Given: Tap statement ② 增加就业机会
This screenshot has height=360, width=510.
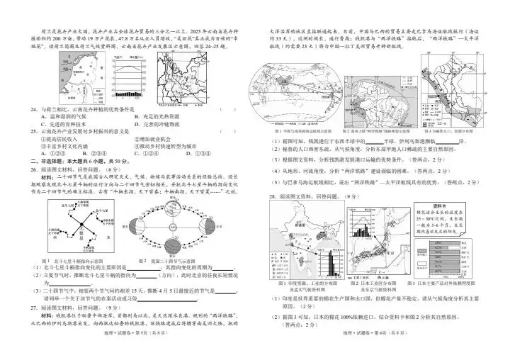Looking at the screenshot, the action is (157, 139).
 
